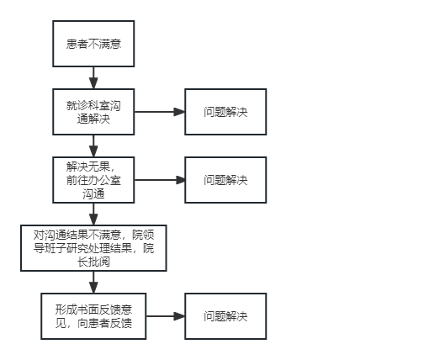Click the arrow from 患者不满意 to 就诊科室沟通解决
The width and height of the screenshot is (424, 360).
coord(93,78)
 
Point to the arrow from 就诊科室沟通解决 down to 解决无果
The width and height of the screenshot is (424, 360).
coord(93,146)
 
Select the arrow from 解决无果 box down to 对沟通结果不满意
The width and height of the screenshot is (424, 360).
coord(93,214)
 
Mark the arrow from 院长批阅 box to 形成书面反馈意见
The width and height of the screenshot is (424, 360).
coord(93,283)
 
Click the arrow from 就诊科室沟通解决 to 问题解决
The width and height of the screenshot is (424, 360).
coord(160,112)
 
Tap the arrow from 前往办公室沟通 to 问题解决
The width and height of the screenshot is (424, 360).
coord(160,180)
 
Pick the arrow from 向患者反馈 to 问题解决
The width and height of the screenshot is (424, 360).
coord(166,316)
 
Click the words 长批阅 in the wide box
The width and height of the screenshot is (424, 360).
coord(93,262)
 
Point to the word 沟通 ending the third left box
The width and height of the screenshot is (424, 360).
coord(93,193)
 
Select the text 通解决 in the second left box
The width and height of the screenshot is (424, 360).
coord(93,119)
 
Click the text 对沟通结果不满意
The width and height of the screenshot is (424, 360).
coord(77,235)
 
